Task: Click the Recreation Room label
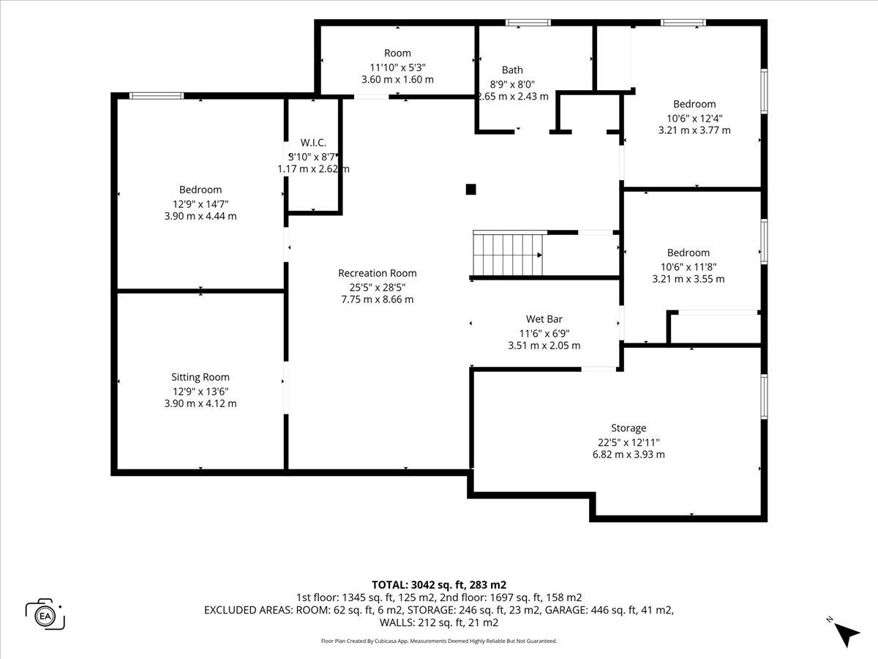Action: pyautogui.click(x=378, y=273)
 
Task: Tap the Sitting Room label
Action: pyautogui.click(x=200, y=377)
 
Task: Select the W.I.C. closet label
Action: pyautogui.click(x=313, y=143)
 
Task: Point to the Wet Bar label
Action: pyautogui.click(x=544, y=319)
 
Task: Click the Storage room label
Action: pyautogui.click(x=629, y=428)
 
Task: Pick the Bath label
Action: pyautogui.click(x=512, y=70)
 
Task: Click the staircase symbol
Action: pyautogui.click(x=508, y=253)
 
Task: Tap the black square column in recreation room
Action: pyautogui.click(x=470, y=189)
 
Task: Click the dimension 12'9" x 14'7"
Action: pyautogui.click(x=200, y=204)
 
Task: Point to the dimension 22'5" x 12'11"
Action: pyautogui.click(x=629, y=442)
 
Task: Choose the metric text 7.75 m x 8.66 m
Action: pyautogui.click(x=378, y=299)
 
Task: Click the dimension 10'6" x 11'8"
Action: pyautogui.click(x=688, y=267)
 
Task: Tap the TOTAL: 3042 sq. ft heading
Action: pyautogui.click(x=439, y=585)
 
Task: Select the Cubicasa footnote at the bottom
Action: pyautogui.click(x=439, y=641)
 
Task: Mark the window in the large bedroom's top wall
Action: pyautogui.click(x=157, y=96)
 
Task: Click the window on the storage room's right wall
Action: pyautogui.click(x=764, y=397)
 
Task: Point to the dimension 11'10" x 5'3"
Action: pyautogui.click(x=397, y=67)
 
